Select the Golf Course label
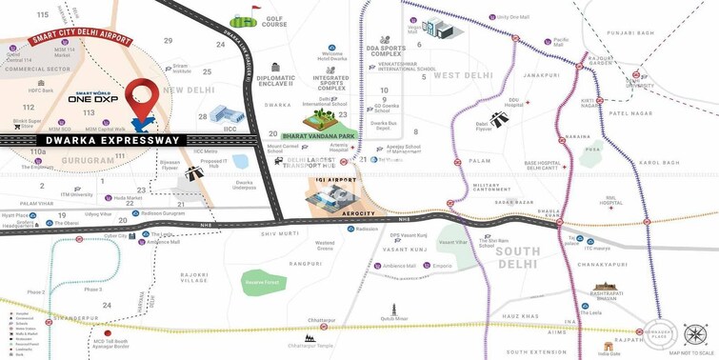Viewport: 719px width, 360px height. coord(274,21)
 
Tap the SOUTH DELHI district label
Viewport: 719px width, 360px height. coord(517,258)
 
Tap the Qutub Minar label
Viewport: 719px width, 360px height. coord(394,319)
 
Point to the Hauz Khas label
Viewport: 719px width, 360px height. coord(520,315)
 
